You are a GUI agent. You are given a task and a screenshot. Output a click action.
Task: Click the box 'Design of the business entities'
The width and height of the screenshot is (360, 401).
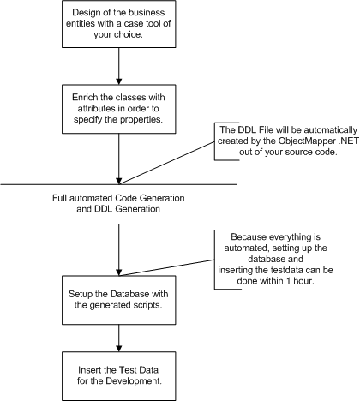pos(119,24)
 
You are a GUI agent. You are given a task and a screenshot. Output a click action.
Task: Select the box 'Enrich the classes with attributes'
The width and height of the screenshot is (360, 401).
pos(119,109)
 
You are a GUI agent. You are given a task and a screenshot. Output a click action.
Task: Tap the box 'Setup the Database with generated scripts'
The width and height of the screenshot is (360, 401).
pos(119,300)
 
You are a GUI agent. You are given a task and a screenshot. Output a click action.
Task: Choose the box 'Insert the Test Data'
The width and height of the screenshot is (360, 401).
pos(119,376)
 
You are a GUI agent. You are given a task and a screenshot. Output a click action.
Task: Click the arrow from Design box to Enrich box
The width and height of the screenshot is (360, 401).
pos(119,66)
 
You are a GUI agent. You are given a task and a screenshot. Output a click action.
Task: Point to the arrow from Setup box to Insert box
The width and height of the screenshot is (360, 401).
pos(119,338)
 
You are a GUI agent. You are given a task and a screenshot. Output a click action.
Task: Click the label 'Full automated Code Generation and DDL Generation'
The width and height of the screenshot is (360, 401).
pos(118,203)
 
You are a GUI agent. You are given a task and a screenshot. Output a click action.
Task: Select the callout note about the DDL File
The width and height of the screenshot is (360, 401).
pos(286,141)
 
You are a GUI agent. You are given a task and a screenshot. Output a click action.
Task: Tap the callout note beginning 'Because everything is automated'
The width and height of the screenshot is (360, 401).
pos(275,260)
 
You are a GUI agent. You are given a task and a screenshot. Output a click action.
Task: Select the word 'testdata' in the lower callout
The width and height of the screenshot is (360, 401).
pos(287,270)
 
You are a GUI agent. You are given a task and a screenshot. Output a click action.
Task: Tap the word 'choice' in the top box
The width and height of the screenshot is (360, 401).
pos(128,34)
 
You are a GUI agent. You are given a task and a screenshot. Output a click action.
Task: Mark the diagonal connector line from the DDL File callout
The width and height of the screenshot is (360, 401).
pos(167,163)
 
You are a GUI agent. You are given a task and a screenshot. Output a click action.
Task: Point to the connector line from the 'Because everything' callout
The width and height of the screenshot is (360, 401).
pos(167,267)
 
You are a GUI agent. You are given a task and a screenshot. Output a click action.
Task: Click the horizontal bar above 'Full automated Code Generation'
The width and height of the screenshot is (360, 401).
pos(119,184)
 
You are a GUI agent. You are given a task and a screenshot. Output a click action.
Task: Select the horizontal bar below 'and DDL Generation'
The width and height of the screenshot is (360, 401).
pos(119,224)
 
